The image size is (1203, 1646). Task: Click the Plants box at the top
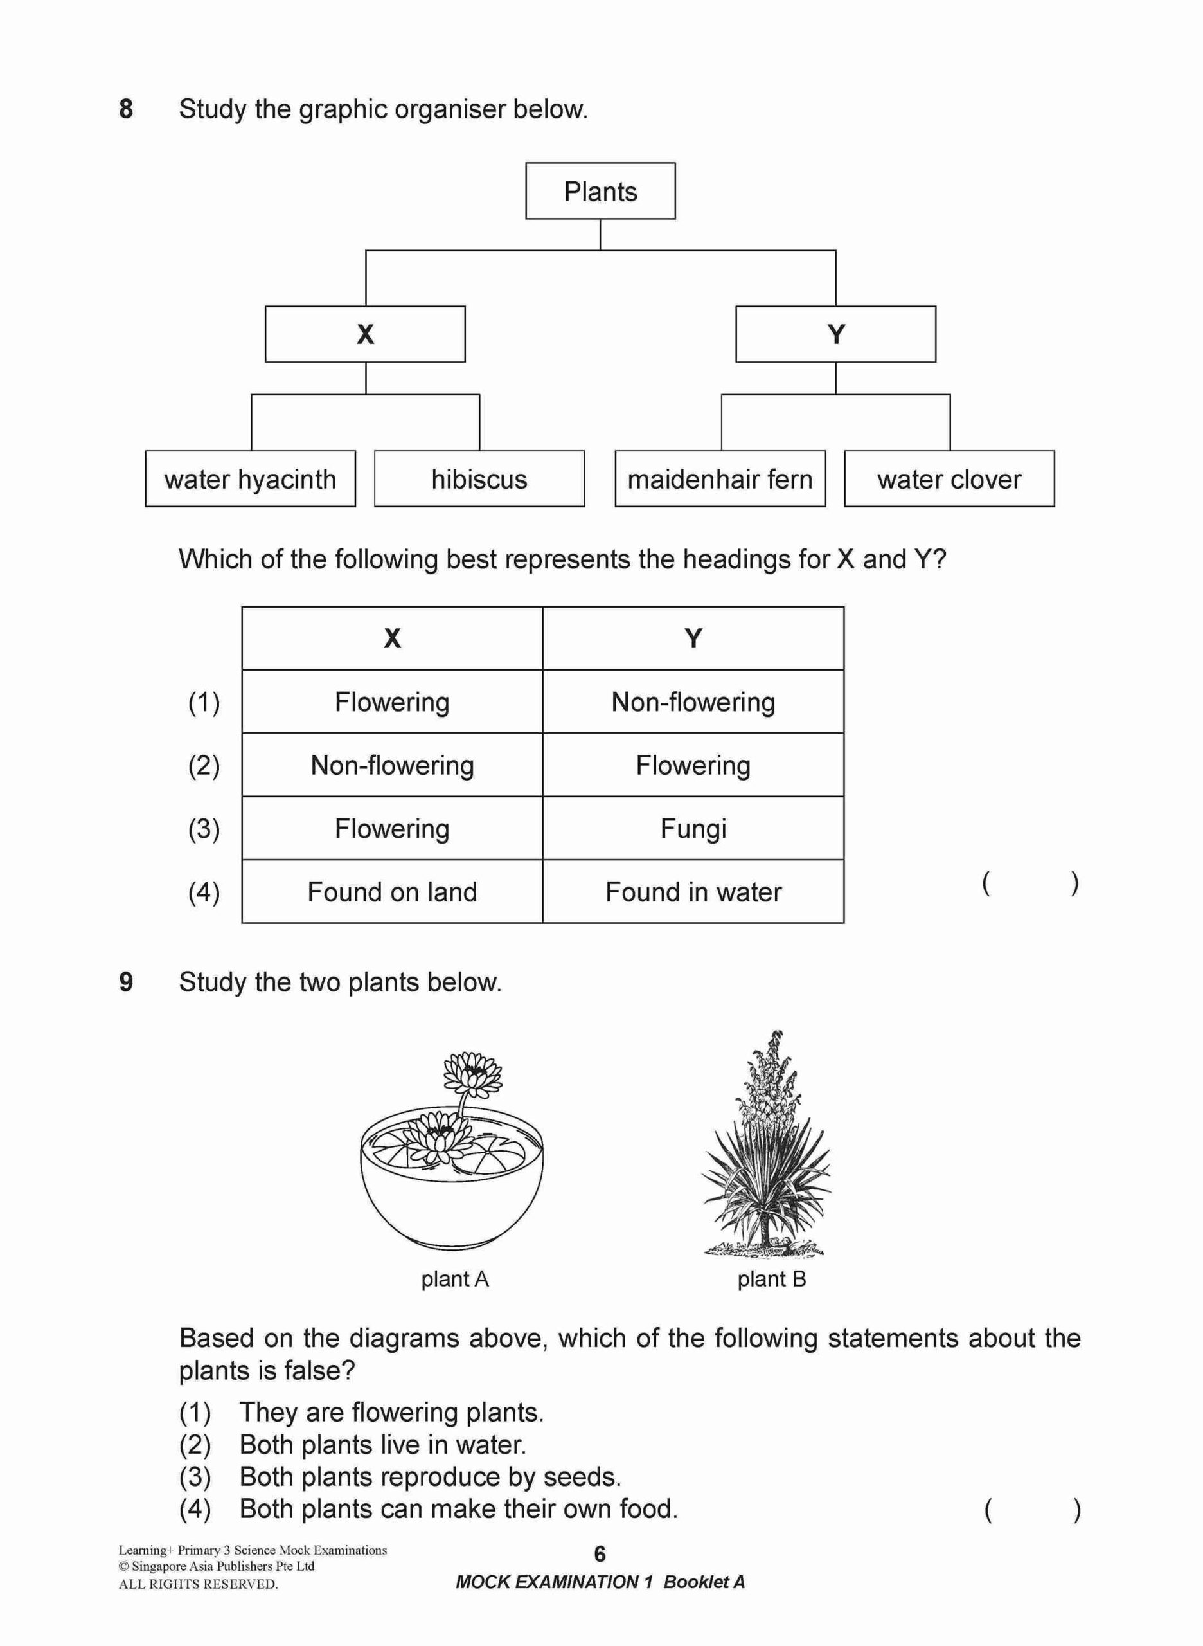click(x=600, y=191)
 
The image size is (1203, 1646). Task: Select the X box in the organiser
click(x=365, y=334)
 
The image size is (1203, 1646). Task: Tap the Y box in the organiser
click(x=835, y=334)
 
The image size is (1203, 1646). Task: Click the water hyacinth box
click(x=251, y=479)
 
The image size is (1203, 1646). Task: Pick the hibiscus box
click(x=479, y=479)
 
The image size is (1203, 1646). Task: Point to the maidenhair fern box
click(x=720, y=479)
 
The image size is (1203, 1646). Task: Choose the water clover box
click(x=949, y=479)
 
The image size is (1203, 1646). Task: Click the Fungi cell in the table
click(x=693, y=828)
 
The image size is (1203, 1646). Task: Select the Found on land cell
click(x=392, y=892)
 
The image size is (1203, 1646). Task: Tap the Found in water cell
click(x=693, y=892)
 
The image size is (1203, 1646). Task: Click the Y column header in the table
click(x=693, y=638)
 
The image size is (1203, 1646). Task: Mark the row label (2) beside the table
click(x=204, y=766)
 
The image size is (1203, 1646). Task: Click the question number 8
click(x=126, y=109)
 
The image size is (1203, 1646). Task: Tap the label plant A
click(x=454, y=1279)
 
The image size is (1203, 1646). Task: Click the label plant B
click(x=771, y=1279)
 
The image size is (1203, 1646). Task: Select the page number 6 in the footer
click(x=600, y=1554)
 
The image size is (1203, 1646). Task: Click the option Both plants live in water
click(x=382, y=1444)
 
